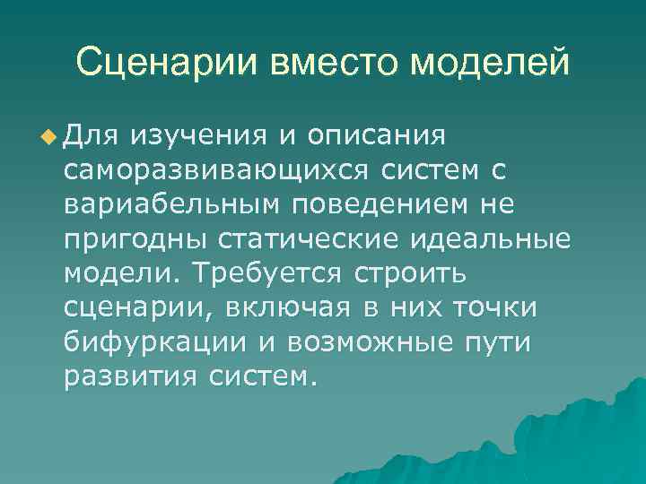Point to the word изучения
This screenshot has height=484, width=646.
point(197,137)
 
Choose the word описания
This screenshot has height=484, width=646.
point(376,137)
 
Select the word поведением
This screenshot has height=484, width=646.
point(363,205)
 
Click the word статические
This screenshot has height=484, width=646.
point(298,239)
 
